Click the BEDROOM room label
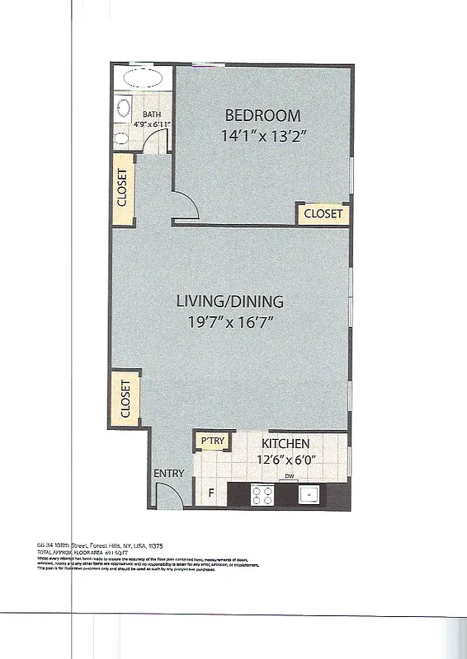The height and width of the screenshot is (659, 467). (x=262, y=115)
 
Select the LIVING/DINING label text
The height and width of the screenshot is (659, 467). (x=229, y=301)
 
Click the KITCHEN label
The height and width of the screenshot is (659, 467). (x=285, y=443)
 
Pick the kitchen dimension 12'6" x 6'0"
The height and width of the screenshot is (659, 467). (x=285, y=460)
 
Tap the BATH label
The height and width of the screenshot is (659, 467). (x=152, y=115)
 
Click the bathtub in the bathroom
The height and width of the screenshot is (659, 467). (x=144, y=80)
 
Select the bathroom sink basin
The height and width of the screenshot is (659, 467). (x=124, y=107)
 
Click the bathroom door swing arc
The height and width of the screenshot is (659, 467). (x=155, y=142)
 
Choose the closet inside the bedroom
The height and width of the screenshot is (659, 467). (x=323, y=214)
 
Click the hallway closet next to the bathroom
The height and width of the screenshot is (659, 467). (x=122, y=188)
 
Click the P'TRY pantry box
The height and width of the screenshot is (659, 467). (x=213, y=442)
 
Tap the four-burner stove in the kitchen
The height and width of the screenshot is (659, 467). (x=262, y=494)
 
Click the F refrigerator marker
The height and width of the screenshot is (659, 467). (x=210, y=494)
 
